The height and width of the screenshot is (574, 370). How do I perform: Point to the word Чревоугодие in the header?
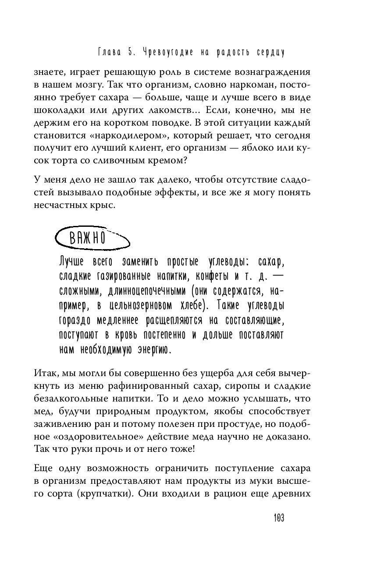pos(171,53)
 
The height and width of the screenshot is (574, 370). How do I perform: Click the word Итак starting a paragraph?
pos(45,373)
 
